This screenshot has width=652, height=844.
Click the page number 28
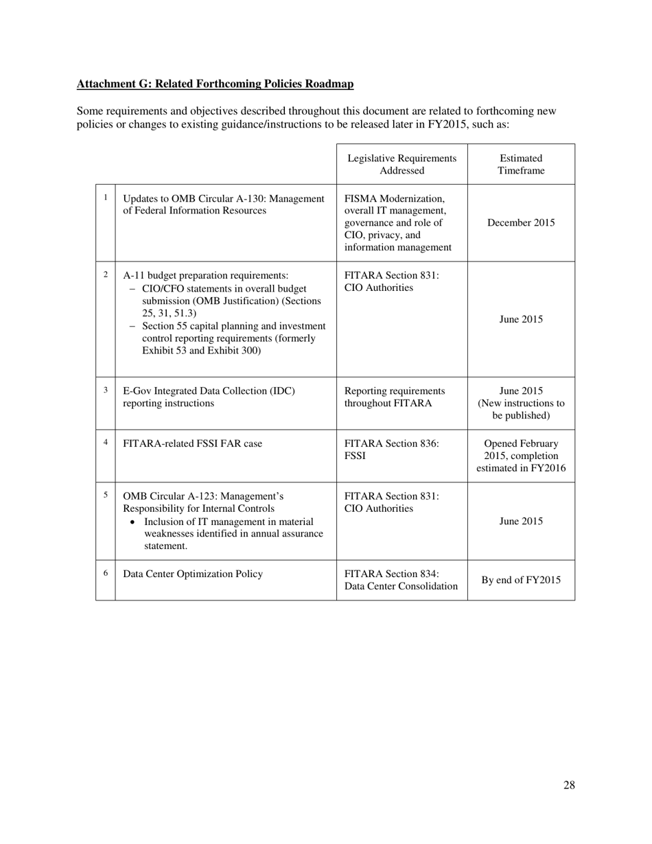(x=569, y=786)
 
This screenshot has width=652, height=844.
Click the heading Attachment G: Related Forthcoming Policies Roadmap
(x=215, y=84)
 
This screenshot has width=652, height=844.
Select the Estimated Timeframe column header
(x=521, y=164)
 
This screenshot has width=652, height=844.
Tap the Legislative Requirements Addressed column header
(x=401, y=164)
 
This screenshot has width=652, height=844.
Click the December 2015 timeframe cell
(x=521, y=223)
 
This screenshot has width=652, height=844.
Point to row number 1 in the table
(x=106, y=198)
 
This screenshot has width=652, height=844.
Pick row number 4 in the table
(x=106, y=443)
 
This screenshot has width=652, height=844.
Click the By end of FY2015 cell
(x=521, y=581)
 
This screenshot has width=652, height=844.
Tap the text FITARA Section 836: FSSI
(x=391, y=449)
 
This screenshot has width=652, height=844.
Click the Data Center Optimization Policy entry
(x=192, y=574)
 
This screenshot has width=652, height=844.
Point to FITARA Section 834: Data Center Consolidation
(x=401, y=580)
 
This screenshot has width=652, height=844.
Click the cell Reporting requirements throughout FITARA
(x=395, y=397)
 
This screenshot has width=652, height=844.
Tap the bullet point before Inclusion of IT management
(x=132, y=521)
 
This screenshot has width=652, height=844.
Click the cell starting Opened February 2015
(x=521, y=456)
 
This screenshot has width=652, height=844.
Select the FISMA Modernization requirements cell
(x=395, y=223)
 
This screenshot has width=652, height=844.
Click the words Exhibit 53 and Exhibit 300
(x=201, y=351)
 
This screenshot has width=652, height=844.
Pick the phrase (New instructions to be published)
(x=521, y=410)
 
